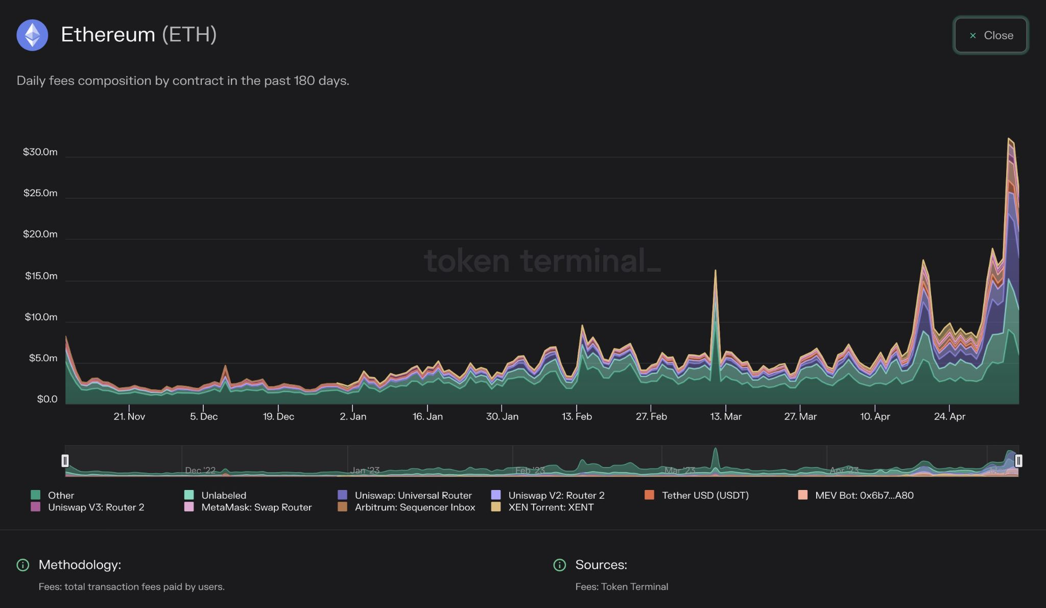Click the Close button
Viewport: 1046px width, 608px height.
(990, 35)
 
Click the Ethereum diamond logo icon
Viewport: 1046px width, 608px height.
(32, 35)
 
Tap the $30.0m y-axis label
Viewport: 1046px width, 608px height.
(40, 152)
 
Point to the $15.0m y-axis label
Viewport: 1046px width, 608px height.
(41, 276)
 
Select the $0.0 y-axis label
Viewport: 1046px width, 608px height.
(47, 399)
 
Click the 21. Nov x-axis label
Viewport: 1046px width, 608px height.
(129, 416)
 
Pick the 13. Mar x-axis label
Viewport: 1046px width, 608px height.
(725, 416)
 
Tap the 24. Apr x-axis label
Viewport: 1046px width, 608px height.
(949, 416)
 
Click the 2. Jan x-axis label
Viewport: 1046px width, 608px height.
(353, 416)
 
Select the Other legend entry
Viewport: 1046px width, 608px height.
(60, 495)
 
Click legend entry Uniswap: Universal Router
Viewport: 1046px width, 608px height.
(413, 495)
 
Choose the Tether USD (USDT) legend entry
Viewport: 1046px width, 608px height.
(705, 495)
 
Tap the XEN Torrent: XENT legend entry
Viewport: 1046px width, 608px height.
(551, 507)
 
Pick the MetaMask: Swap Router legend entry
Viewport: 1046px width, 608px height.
(256, 507)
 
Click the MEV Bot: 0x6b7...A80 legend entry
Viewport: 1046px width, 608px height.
(864, 495)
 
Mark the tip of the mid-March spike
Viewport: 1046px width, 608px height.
(715, 270)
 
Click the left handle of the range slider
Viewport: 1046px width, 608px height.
(65, 461)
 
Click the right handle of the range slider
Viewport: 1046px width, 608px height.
(1018, 461)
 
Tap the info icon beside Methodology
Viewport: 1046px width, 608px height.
(23, 565)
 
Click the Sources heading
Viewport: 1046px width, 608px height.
(601, 565)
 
